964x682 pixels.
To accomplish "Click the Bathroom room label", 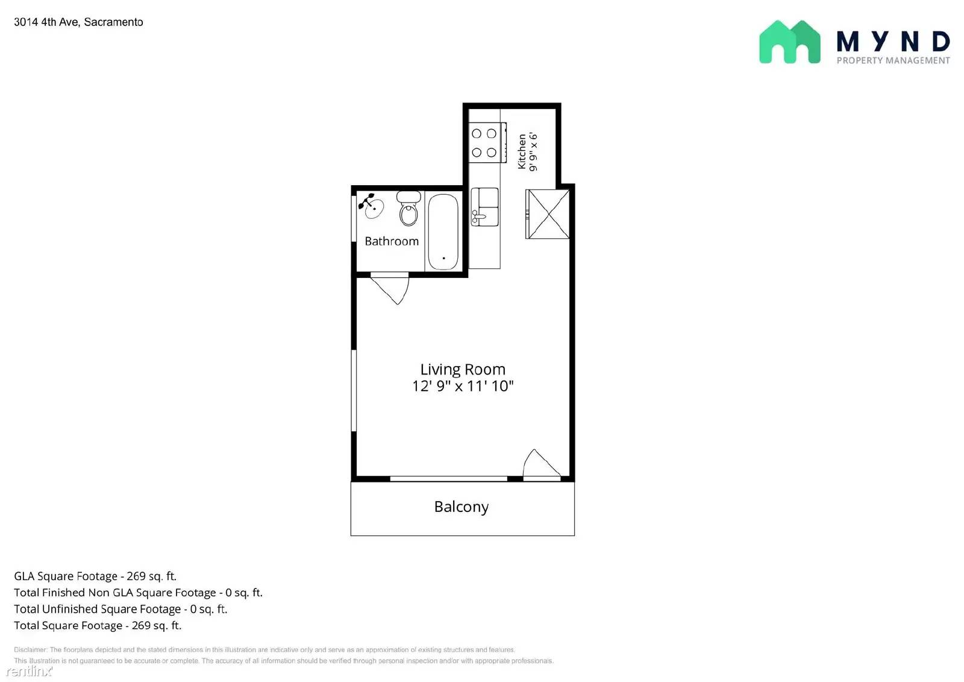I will (x=392, y=241).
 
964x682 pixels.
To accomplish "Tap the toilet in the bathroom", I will (x=408, y=209).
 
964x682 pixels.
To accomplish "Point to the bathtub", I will (x=443, y=232).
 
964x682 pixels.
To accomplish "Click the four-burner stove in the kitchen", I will (x=484, y=143).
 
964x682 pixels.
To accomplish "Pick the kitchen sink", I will (x=485, y=206).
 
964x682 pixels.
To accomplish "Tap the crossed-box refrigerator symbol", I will (x=548, y=214).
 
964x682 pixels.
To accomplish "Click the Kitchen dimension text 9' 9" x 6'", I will (x=533, y=152).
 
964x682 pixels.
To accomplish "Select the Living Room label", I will (x=463, y=369).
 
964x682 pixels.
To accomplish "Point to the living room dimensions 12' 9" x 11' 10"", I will (x=463, y=386).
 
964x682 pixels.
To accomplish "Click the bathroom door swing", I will (x=392, y=288).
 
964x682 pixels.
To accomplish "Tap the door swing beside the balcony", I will (x=540, y=464).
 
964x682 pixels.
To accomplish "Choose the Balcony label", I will (x=462, y=507).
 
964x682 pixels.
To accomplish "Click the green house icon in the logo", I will (x=789, y=42).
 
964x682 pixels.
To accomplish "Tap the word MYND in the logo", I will (x=893, y=41).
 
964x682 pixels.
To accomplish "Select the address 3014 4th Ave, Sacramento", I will (x=78, y=22).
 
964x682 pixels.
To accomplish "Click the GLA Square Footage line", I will (x=95, y=576).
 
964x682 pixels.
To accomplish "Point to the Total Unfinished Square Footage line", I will (x=120, y=609).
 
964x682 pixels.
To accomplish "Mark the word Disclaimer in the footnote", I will (x=30, y=649).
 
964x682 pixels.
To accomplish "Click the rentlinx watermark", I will (x=29, y=671).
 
